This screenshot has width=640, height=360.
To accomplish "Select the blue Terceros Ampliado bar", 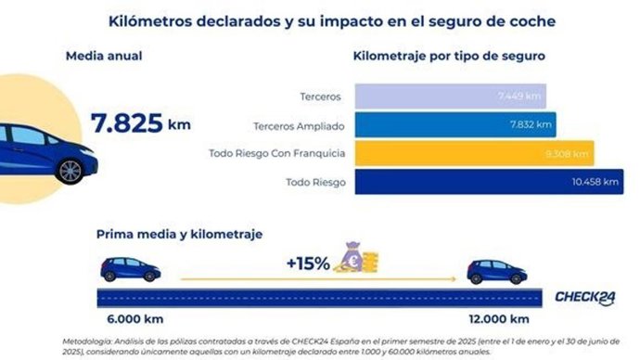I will pyautogui.click(x=454, y=124).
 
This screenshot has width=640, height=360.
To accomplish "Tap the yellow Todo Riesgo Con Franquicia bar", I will pyautogui.click(x=473, y=152).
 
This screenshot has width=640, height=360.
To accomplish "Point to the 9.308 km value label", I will pyautogui.click(x=565, y=152).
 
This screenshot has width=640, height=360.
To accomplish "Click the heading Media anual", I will pyautogui.click(x=104, y=56).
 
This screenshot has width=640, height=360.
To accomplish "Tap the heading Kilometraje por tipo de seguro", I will pyautogui.click(x=449, y=56).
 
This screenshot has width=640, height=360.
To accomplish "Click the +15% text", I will pyautogui.click(x=308, y=264).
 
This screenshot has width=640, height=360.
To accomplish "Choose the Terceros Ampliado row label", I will pyautogui.click(x=299, y=124).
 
